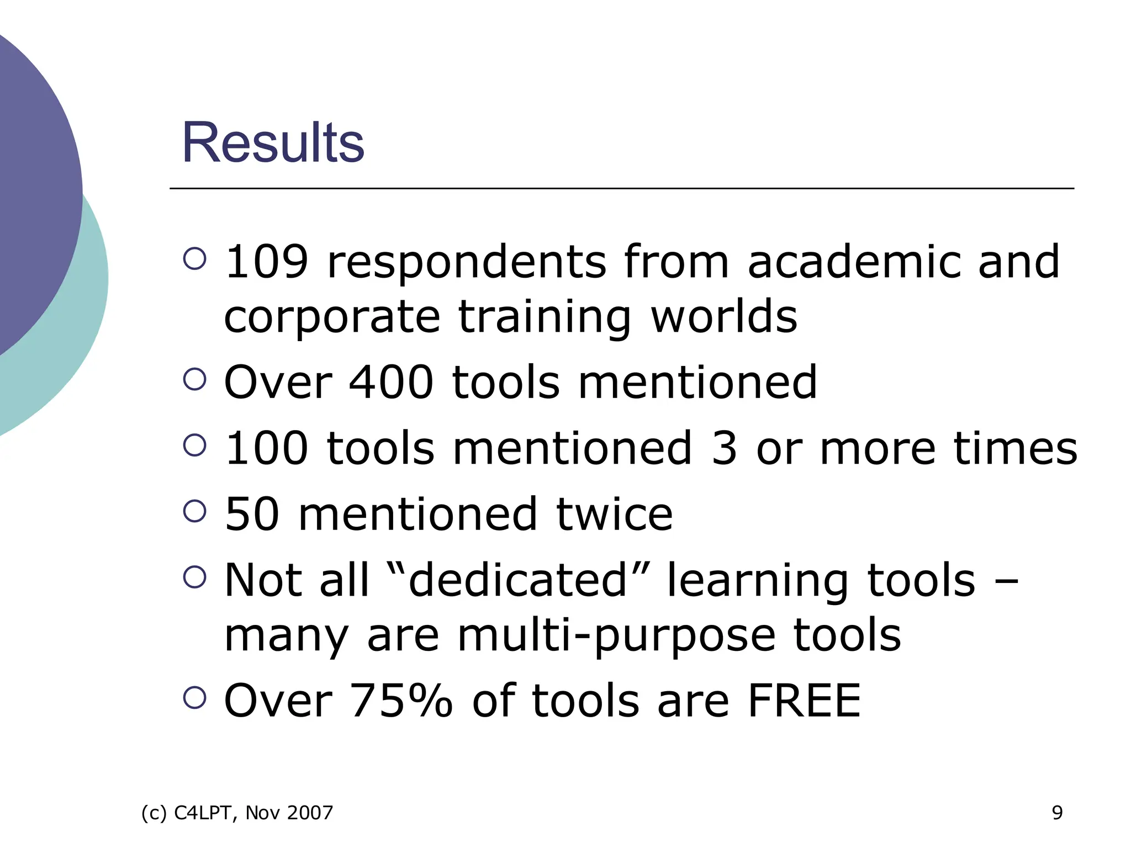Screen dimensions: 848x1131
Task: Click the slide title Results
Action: tap(273, 142)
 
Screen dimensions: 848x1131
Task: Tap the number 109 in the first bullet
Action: tap(266, 262)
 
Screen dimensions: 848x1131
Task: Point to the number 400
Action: tap(391, 382)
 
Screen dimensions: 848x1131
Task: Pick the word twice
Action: tap(614, 514)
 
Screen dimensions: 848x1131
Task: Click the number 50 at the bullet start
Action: tap(252, 514)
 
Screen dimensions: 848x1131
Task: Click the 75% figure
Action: tap(401, 701)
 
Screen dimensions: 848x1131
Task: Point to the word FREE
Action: tap(804, 701)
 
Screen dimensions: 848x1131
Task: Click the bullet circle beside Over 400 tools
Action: tap(194, 379)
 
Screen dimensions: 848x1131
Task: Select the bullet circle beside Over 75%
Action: tap(194, 697)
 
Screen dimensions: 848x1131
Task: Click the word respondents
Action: tap(467, 263)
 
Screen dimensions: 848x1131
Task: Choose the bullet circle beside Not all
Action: tap(194, 577)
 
